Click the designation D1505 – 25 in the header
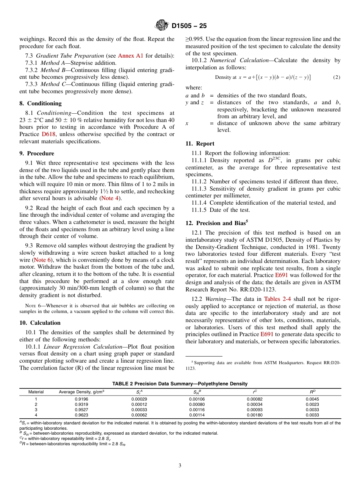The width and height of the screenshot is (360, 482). tap(189, 26)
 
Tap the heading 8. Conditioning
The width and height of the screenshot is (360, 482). tap(41, 103)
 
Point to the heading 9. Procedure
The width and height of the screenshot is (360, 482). tap(37, 153)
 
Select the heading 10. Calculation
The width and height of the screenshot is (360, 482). tap(40, 323)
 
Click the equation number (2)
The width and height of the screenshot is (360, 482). tap(337, 77)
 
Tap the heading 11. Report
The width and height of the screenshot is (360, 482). tap(200, 144)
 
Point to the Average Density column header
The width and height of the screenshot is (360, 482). tap(81, 392)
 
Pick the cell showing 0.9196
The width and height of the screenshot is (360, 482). tap(81, 399)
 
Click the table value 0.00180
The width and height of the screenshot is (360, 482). tap(254, 415)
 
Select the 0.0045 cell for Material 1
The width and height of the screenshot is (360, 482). tap(312, 399)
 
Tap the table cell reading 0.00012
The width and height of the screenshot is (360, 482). tap(139, 404)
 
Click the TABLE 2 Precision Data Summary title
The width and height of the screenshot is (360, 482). tap(180, 384)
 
